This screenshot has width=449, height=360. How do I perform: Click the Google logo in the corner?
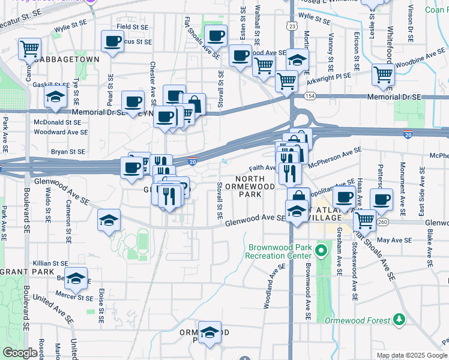coord(20,353)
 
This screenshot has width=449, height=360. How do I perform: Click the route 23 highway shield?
coord(292,26)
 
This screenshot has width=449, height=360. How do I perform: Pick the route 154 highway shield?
coord(309,96)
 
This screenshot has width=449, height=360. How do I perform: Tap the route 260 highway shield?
coord(382,222)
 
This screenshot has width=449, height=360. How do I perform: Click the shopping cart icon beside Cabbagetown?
coord(29,49)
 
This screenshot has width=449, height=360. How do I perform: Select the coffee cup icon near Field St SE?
coord(112,41)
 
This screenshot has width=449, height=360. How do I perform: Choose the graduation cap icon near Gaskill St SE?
coord(55,98)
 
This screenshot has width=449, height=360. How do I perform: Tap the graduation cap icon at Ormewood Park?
coord(210,334)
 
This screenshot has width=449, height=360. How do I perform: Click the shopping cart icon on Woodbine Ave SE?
coord(383,75)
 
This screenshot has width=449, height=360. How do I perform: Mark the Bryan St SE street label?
coord(70,152)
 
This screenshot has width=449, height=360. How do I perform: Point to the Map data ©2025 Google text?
coord(412,355)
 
